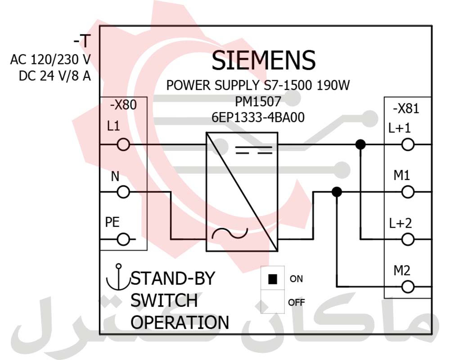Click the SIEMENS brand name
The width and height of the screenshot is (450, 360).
tap(263, 60)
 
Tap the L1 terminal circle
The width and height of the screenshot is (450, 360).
tap(123, 144)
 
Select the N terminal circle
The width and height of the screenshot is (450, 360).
tap(123, 192)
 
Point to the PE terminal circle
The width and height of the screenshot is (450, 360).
tap(123, 240)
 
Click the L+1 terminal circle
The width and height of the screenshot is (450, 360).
tap(408, 144)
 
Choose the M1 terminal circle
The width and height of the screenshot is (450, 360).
tap(408, 192)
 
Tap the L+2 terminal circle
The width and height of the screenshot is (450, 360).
tap(408, 240)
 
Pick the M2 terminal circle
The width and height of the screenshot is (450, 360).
tap(408, 287)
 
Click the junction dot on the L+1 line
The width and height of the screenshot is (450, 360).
tap(360, 144)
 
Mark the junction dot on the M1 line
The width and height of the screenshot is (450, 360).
tap(336, 192)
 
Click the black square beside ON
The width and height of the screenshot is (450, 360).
tap(272, 279)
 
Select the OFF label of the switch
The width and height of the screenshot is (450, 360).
tap(297, 302)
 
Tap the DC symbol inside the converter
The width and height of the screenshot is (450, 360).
tap(254, 150)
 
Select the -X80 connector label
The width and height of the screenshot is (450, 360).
tap(123, 105)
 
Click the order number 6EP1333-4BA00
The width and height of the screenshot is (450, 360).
tap(258, 118)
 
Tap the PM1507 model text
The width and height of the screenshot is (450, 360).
tap(258, 102)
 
